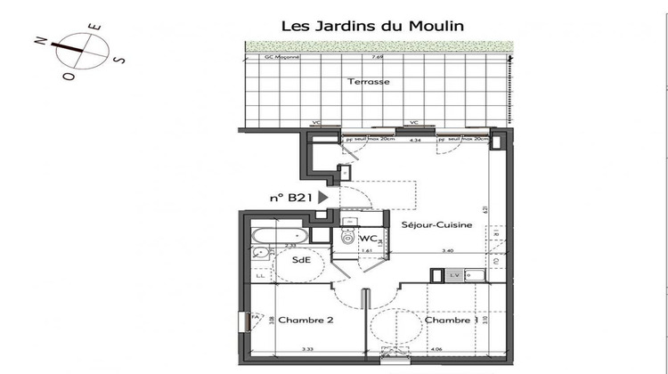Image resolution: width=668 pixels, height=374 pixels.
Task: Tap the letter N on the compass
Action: [39, 40]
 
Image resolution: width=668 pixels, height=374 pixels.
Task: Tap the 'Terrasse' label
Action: [369, 82]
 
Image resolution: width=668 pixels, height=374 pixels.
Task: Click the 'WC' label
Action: [369, 239]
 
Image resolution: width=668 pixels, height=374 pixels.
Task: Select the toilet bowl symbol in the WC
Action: [347, 236]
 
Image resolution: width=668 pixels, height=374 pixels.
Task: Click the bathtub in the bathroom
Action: [278, 236]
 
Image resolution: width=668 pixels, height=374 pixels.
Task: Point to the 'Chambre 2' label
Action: [298, 320]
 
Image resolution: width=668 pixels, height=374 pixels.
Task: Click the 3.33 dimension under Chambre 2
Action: [307, 350]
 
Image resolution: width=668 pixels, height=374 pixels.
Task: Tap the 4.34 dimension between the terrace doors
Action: [414, 140]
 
